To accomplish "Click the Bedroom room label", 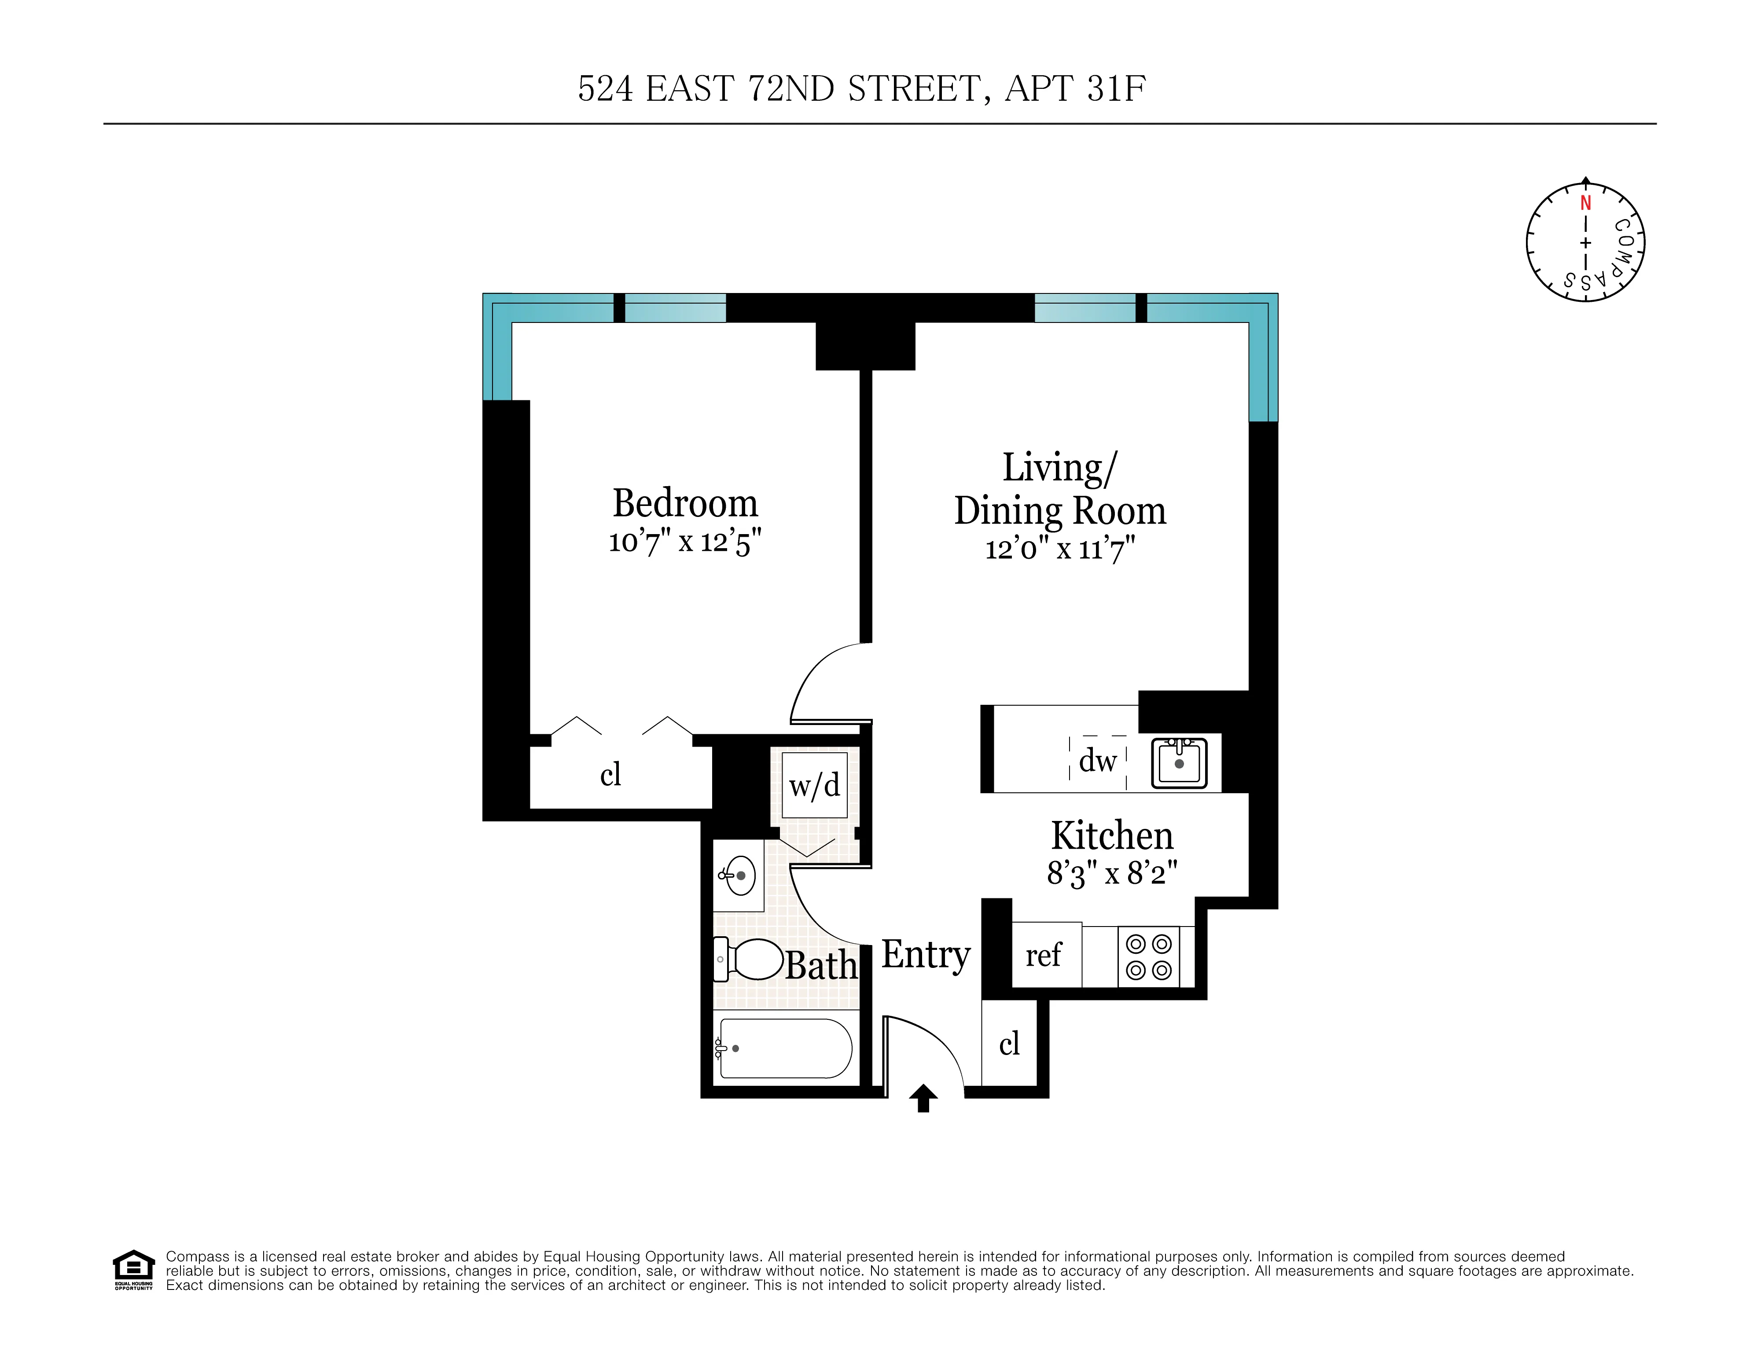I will click(684, 504).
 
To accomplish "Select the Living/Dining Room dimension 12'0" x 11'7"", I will click(1059, 550).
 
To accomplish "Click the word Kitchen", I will click(1112, 836).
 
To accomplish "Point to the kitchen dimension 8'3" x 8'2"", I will click(1112, 873).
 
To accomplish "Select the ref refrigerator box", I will click(1045, 955).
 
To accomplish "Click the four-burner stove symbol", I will click(1148, 957).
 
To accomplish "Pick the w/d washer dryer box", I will click(814, 785).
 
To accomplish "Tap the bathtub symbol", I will click(784, 1049).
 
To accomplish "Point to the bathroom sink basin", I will click(739, 875).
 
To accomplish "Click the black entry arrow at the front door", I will click(923, 1098).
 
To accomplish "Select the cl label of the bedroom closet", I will click(610, 775).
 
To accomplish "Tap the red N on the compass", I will click(1585, 203).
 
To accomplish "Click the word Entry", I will click(926, 955).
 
